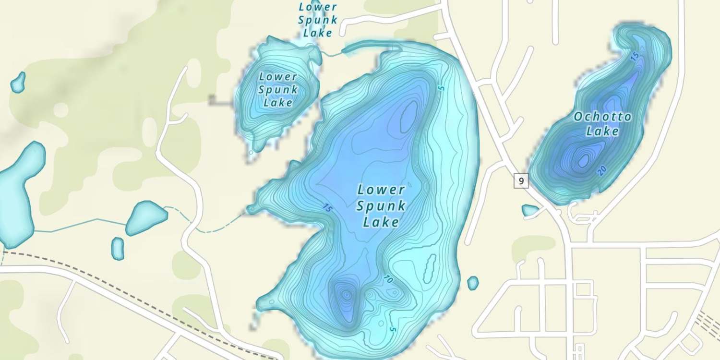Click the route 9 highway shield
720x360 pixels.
pos(521,181)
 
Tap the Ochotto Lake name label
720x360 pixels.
pos(602,123)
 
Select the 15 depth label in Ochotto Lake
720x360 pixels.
pos(634,57)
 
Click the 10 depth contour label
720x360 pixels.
pos(389,279)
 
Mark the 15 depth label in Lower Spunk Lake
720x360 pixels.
pos(327,208)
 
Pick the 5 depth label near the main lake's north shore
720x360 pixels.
pos(442,88)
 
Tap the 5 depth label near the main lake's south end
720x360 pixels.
pos(392,330)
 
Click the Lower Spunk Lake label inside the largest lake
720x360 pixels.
pos(382,205)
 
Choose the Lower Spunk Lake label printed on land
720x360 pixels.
pos(317,20)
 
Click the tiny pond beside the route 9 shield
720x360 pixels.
pos(530,210)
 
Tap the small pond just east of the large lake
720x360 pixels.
pos(473,283)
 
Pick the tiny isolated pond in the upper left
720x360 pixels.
pos(18,83)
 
